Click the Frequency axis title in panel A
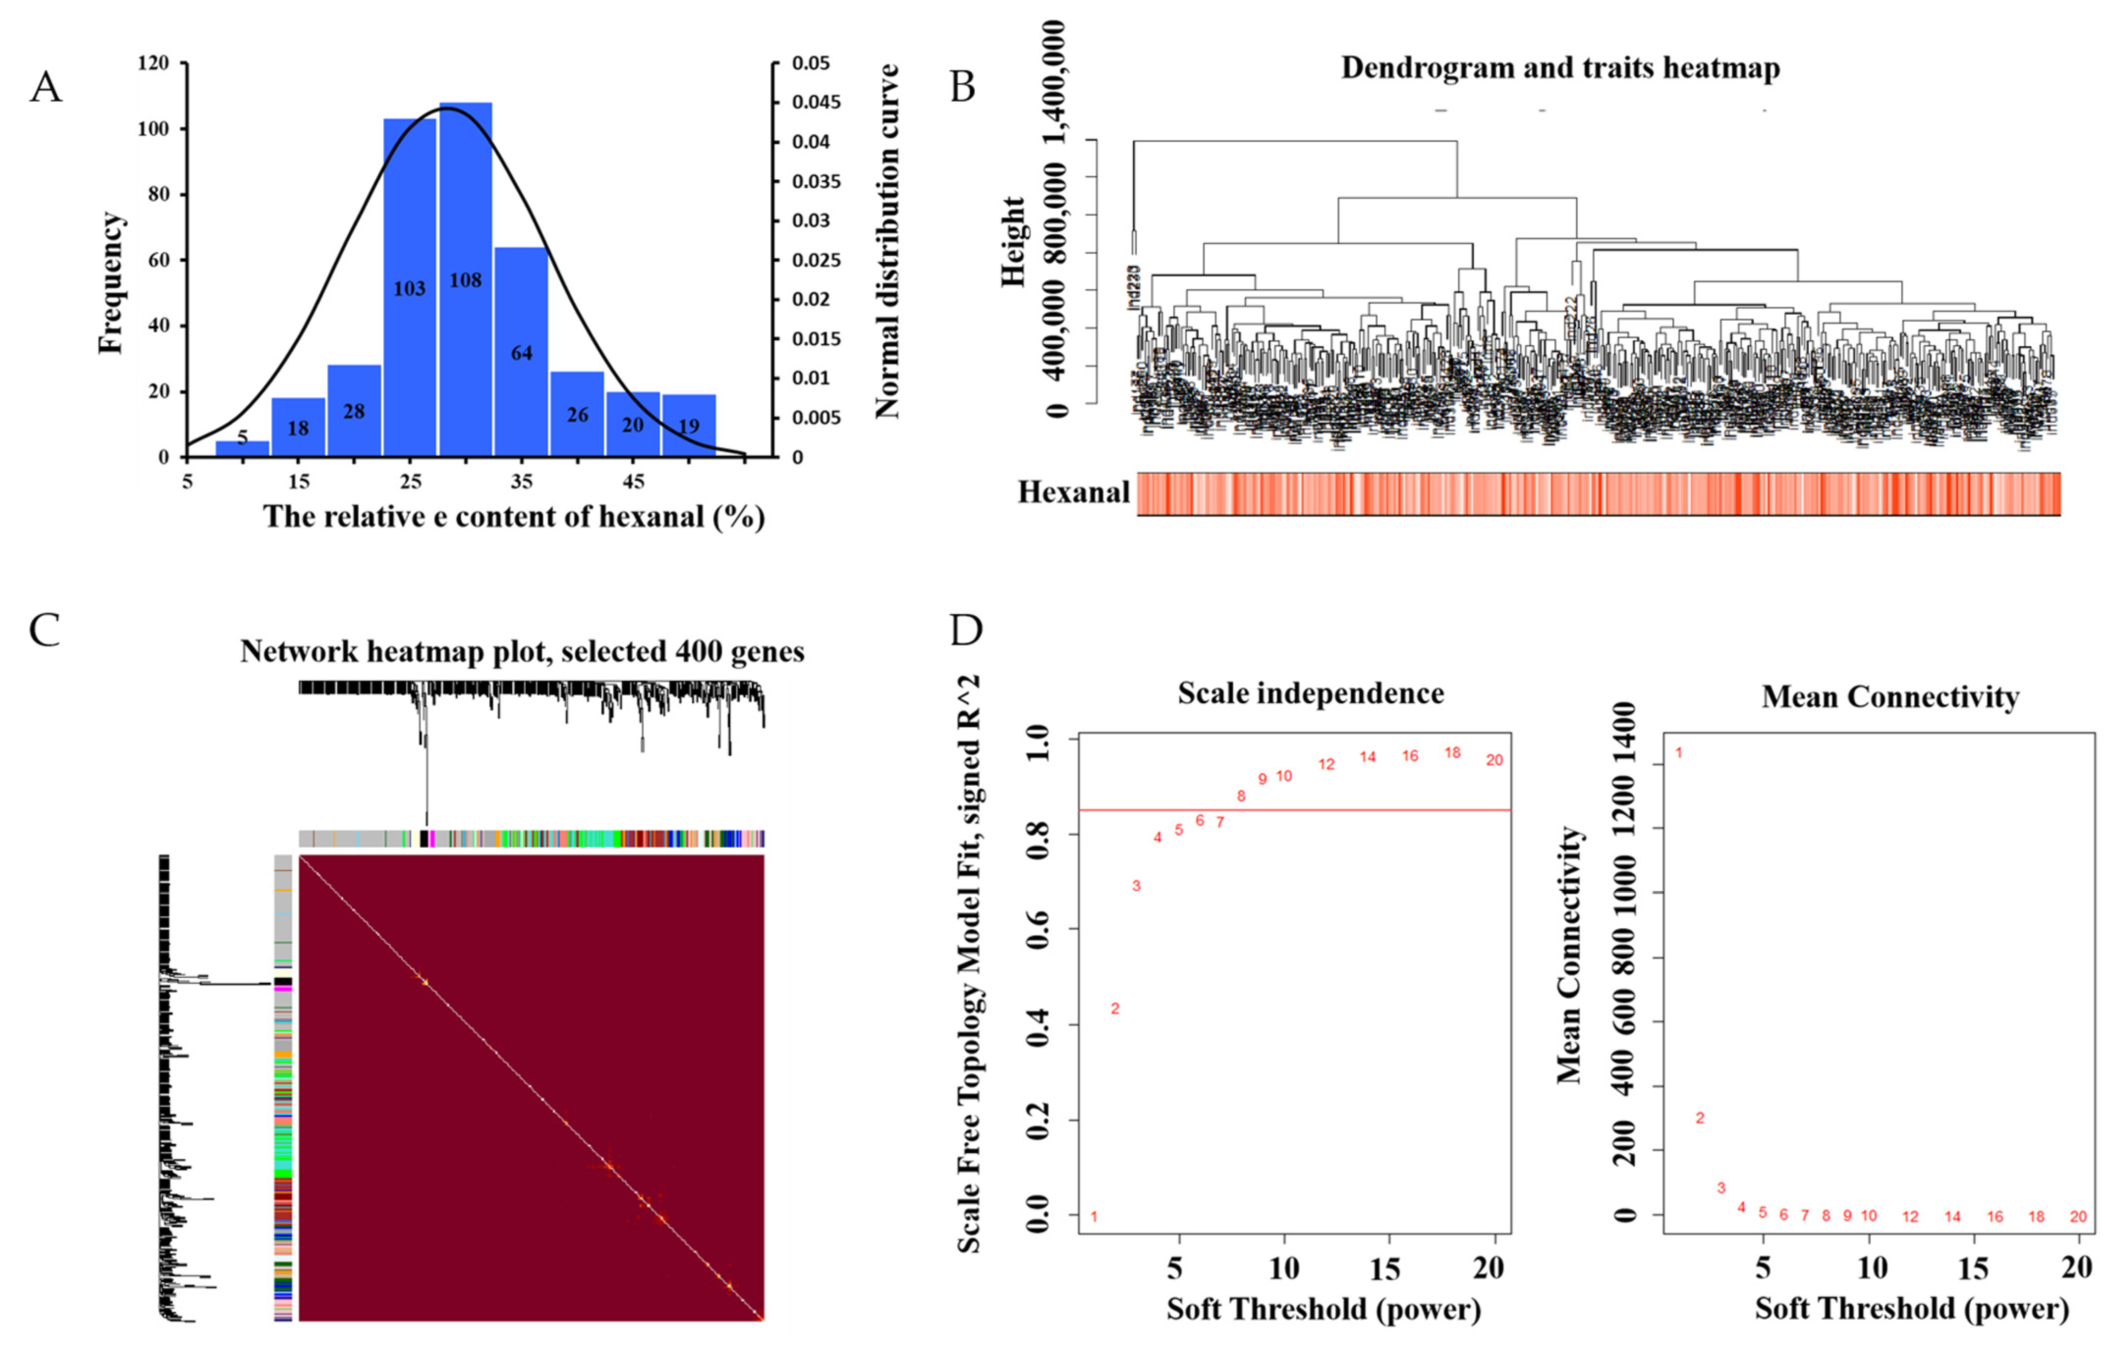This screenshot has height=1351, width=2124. pos(111,283)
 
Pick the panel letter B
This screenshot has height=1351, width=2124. pos(962,87)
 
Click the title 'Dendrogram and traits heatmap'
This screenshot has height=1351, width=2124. pos(1560,68)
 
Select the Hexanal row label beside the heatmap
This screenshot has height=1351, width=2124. pos(1073,492)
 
